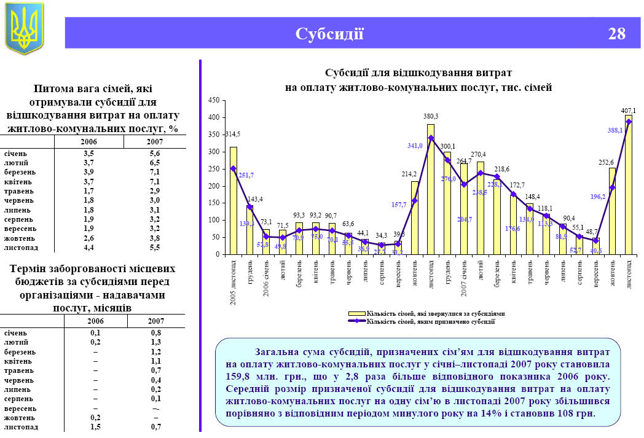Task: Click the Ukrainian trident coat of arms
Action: point(24,28)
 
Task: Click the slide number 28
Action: point(616,33)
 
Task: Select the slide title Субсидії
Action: point(329,33)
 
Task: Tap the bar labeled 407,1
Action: point(628,184)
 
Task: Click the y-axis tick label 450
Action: point(213,100)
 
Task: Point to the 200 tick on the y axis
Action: point(213,186)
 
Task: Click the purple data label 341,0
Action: point(415,146)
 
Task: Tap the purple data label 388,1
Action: point(615,130)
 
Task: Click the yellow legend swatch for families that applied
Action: point(357,313)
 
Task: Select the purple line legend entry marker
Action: point(357,321)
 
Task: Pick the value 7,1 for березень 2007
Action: point(154,172)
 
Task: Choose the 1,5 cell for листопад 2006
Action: point(95,427)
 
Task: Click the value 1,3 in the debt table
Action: point(155,342)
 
